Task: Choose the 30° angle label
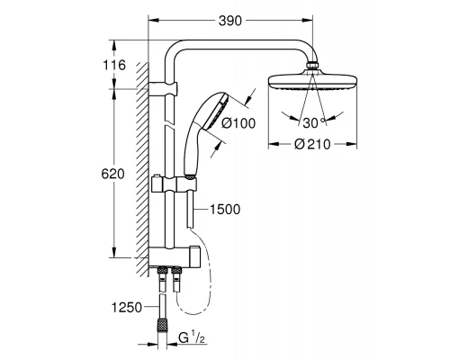point(312,122)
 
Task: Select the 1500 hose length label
point(224,210)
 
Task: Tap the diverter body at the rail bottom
point(175,256)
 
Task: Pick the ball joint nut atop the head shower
point(313,65)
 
